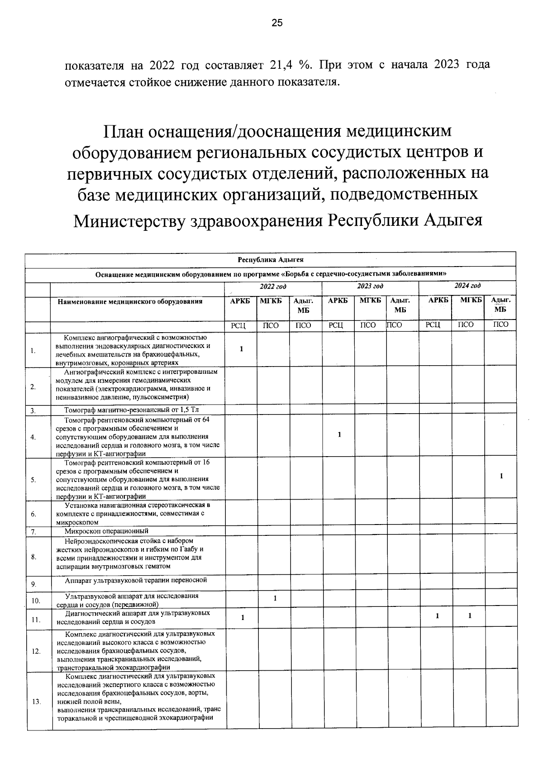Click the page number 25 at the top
277,23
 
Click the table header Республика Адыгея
271,260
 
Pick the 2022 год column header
273,286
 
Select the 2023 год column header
370,286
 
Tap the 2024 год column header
467,286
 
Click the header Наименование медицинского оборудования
130,301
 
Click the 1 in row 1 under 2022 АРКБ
242,349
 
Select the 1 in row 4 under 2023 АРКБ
339,435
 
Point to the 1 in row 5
501,476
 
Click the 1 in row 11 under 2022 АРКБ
243,617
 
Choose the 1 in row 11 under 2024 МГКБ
470,616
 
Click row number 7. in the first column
33,532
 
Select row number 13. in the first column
36,702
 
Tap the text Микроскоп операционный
106,531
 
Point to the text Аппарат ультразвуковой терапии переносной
136,580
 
